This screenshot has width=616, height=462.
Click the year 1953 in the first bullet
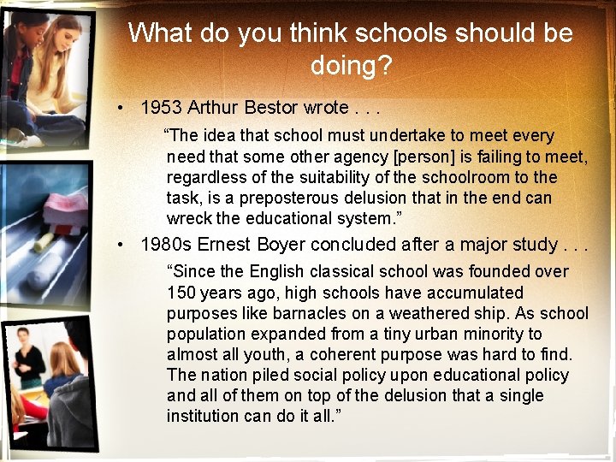[160, 108]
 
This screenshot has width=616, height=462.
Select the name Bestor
[271, 108]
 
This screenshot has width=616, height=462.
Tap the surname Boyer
[280, 245]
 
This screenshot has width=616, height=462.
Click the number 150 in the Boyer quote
[181, 293]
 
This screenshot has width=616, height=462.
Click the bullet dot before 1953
[124, 109]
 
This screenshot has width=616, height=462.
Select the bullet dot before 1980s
[124, 246]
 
